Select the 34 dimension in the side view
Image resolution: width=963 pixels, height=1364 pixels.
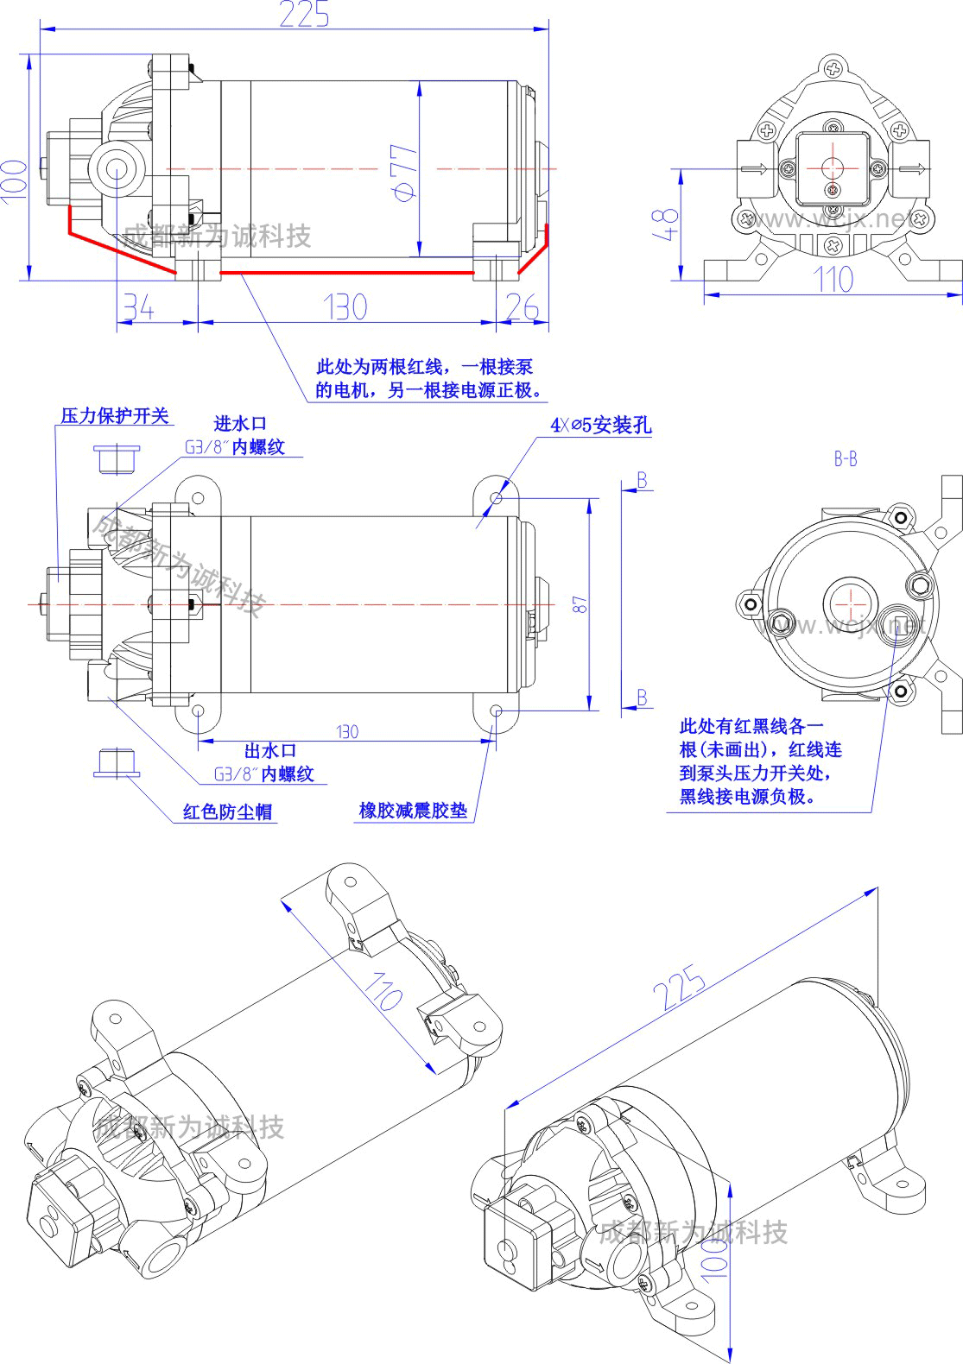point(138,307)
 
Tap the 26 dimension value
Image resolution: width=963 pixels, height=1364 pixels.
point(522,307)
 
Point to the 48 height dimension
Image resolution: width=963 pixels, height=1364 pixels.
point(667,224)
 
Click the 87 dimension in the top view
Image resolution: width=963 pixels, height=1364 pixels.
point(581,604)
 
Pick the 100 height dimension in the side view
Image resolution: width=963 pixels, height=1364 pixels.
point(15,180)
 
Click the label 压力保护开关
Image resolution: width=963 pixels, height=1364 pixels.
point(114,416)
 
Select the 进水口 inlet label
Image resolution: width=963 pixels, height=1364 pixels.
point(240,424)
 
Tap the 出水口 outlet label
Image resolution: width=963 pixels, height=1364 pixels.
point(269,751)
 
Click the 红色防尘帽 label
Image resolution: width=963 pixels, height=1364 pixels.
point(227,811)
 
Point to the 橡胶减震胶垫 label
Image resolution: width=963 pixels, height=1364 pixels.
point(413,811)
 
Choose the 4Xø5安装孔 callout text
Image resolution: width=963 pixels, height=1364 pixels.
point(601,425)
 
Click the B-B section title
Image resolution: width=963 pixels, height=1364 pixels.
point(846,459)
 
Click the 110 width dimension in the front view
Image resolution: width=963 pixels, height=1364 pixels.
point(833,280)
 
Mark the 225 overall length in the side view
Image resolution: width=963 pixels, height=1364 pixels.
point(304,15)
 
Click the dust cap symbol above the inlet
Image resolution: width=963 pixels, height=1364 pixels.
point(116,458)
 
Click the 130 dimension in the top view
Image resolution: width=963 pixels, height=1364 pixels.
point(347,732)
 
